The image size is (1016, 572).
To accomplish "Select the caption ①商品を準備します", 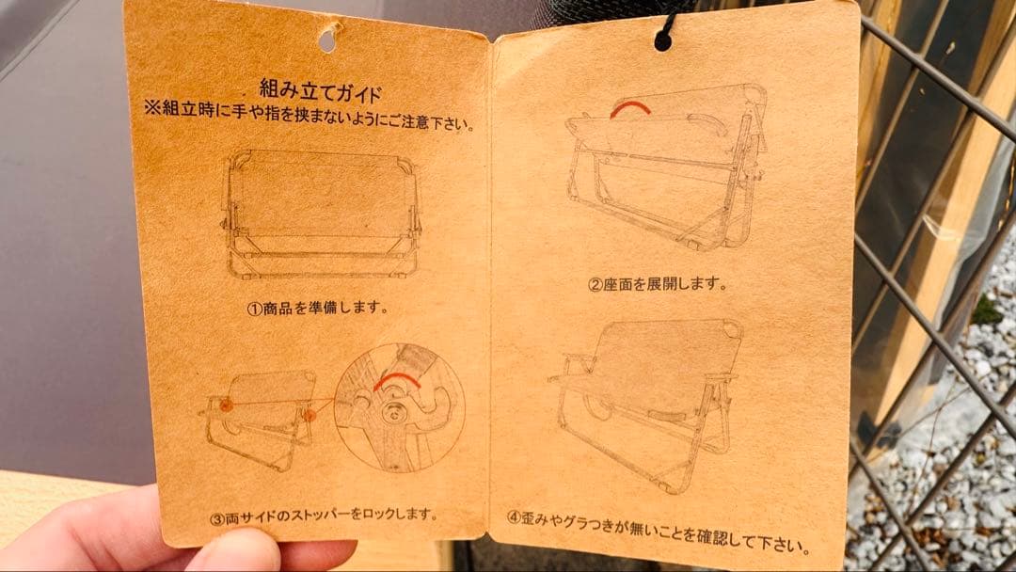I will click(318, 308).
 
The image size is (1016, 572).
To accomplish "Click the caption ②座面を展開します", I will click(658, 283).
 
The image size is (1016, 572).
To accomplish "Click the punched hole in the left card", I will click(327, 40).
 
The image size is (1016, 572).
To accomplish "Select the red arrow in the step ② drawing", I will click(629, 108).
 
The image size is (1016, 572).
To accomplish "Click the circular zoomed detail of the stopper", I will click(398, 407).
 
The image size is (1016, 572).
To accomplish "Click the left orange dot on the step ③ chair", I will click(227, 405).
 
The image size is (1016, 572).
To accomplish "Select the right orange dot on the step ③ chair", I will click(308, 413).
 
